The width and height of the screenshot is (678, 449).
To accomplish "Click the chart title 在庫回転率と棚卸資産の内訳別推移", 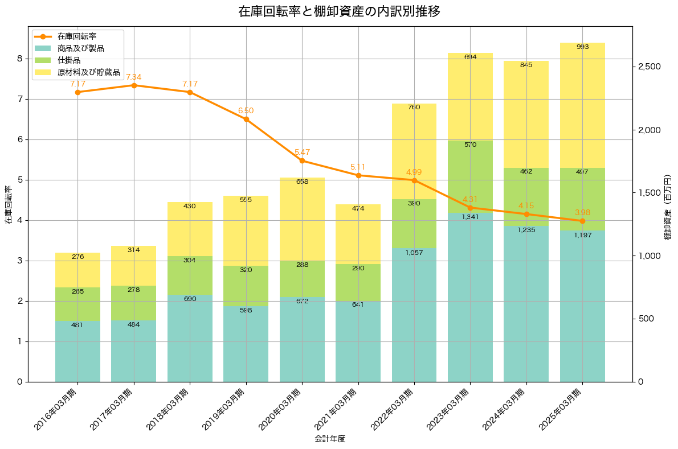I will click(338, 12).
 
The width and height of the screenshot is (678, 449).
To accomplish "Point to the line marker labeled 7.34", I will click(134, 85).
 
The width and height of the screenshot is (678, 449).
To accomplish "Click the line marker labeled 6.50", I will click(246, 119).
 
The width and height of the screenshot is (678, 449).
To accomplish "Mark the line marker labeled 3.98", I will click(582, 221).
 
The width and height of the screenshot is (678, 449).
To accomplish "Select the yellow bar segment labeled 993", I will click(582, 105).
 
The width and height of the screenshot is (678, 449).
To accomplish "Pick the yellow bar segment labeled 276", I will click(77, 270).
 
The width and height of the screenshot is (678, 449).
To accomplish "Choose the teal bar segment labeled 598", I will click(246, 344).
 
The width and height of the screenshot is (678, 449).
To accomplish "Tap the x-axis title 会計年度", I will click(330, 439).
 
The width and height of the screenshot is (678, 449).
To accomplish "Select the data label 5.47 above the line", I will click(302, 153).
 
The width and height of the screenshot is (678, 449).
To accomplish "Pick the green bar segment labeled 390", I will click(414, 224).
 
